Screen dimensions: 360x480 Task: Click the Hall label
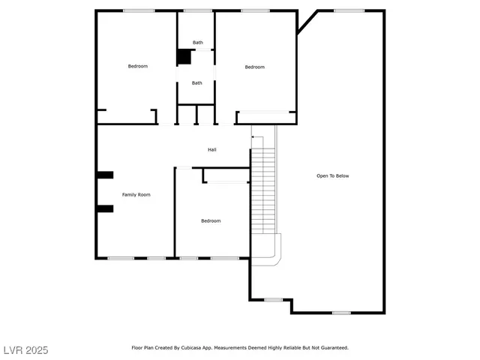212,150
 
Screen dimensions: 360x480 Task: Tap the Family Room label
136,194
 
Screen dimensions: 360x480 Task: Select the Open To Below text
332,175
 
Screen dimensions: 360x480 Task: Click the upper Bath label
197,43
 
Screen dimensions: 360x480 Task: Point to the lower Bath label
196,82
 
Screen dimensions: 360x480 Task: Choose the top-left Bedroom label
138,66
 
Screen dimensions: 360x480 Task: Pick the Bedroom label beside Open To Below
255,67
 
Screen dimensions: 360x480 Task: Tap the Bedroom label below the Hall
211,220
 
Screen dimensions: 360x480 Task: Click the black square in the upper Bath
183,56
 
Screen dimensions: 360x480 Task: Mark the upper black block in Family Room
104,175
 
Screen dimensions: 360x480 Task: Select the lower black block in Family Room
104,208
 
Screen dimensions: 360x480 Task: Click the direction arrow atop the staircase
256,137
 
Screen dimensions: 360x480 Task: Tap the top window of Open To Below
349,10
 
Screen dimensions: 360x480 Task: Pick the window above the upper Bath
197,10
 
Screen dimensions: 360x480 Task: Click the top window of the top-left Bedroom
139,10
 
